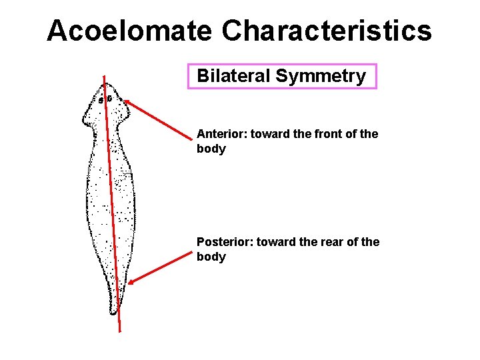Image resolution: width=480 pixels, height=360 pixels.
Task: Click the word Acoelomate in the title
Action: pos(129,31)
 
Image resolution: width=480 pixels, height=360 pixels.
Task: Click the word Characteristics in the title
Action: pos(327,31)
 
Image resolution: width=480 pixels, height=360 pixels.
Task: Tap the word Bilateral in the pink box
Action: pos(234,76)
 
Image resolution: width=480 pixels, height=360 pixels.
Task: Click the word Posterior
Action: pos(221,242)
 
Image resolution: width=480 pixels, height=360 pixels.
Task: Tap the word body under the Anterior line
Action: pos(211,149)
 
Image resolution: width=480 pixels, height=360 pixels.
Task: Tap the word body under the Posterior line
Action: pos(211,257)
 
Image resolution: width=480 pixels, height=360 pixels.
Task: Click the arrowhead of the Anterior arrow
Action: pos(126,102)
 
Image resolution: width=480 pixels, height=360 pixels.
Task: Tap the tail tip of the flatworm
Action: pos(114,312)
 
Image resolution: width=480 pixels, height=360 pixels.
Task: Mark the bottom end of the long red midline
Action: pos(120,330)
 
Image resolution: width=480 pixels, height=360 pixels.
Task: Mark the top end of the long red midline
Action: pos(103,77)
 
